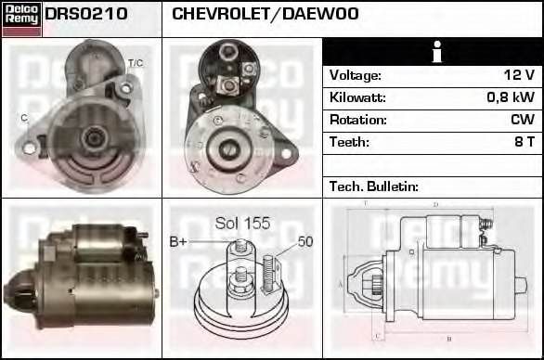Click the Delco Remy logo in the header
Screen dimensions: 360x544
coord(21,19)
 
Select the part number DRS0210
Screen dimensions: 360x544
coord(86,15)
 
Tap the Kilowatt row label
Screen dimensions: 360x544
coord(357,97)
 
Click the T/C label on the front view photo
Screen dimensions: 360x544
coord(135,63)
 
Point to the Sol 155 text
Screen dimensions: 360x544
coord(242,223)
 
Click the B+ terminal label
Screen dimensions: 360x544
coord(178,242)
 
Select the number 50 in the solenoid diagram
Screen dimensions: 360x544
coord(305,242)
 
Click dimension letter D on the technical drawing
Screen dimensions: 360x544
coord(435,204)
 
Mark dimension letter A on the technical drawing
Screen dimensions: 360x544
coord(341,283)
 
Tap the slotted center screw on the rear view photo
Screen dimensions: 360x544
coord(226,146)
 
